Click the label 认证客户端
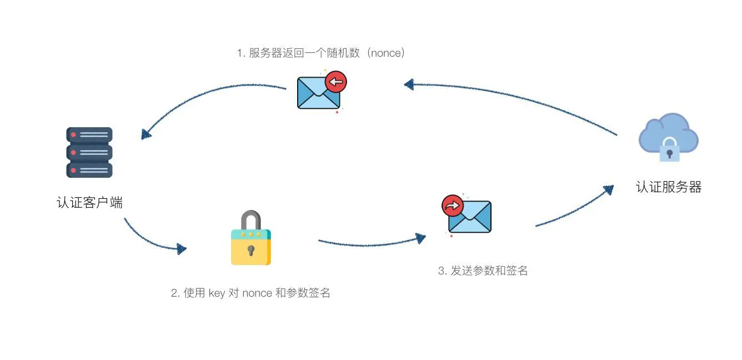(89, 203)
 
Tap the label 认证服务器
(669, 187)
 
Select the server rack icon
(89, 152)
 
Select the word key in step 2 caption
(216, 293)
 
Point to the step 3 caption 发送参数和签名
(483, 271)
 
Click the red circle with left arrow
(336, 82)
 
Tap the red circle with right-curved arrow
(452, 205)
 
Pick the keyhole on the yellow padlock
(251, 251)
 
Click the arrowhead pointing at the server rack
(146, 134)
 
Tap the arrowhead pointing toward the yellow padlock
(181, 249)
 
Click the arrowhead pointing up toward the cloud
(609, 189)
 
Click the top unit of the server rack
(89, 135)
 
